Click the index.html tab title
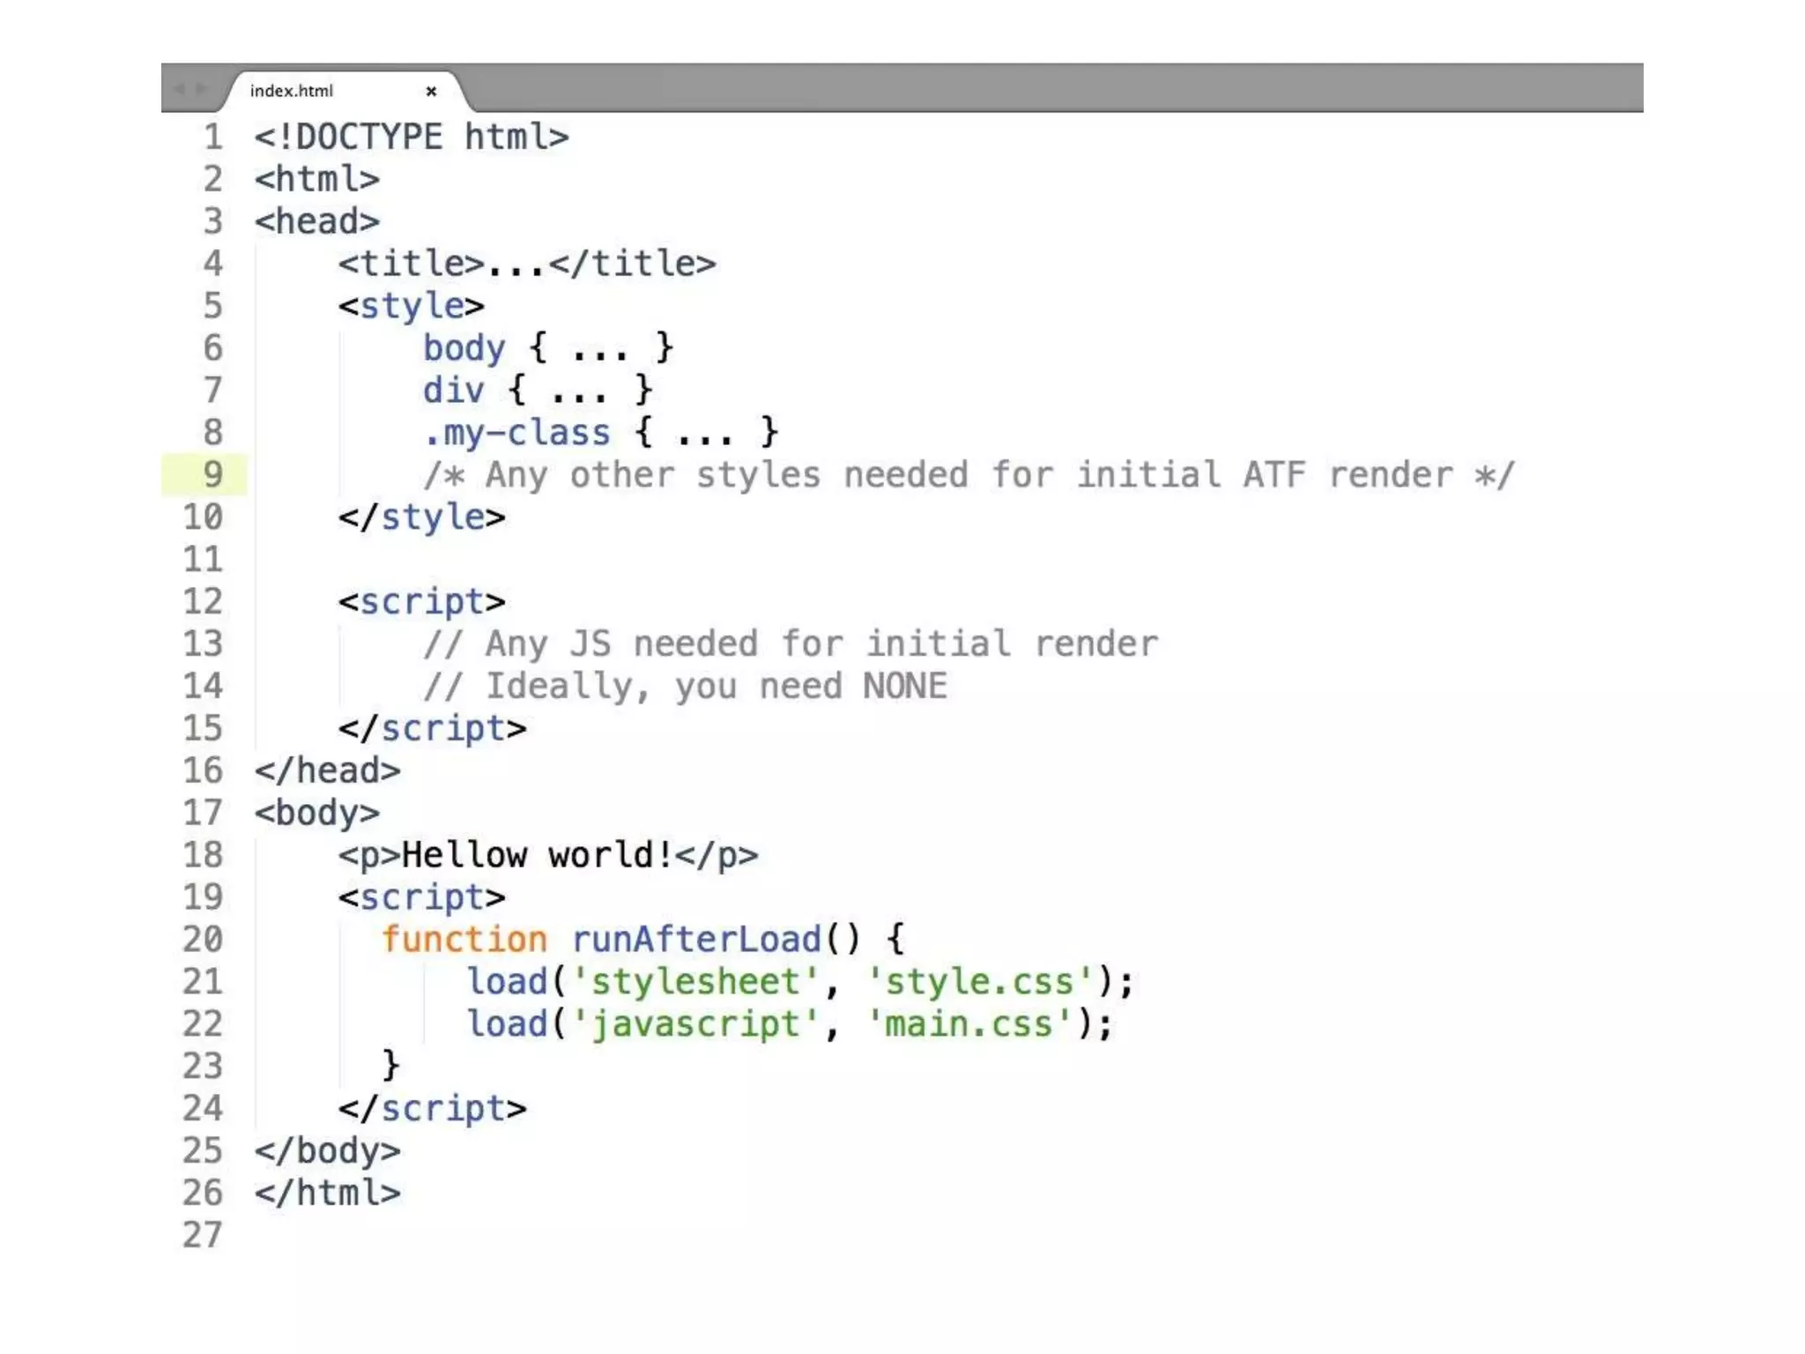pyautogui.click(x=291, y=91)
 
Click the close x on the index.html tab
pyautogui.click(x=431, y=91)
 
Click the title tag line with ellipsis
pyautogui.click(x=526, y=264)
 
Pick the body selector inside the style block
pyautogui.click(x=464, y=348)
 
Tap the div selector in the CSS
pyautogui.click(x=453, y=391)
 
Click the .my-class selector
pyautogui.click(x=516, y=433)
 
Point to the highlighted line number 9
pyautogui.click(x=212, y=474)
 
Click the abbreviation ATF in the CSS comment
pyautogui.click(x=1274, y=475)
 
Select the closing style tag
pyautogui.click(x=421, y=517)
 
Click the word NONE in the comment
pyautogui.click(x=905, y=687)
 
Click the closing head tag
pyautogui.click(x=327, y=771)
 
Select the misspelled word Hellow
pyautogui.click(x=464, y=855)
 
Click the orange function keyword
pyautogui.click(x=464, y=940)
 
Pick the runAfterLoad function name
pyautogui.click(x=696, y=940)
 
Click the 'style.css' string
pyautogui.click(x=979, y=982)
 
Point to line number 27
pyautogui.click(x=203, y=1235)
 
